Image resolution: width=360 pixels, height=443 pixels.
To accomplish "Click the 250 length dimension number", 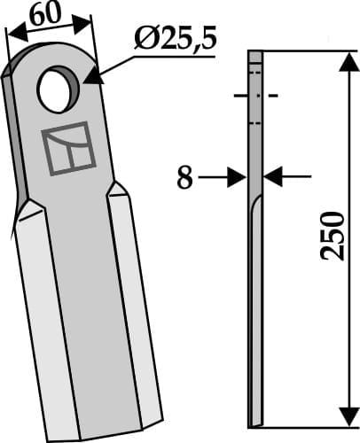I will point(332,236).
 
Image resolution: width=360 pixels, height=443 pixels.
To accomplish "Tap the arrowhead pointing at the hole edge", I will point(90,78).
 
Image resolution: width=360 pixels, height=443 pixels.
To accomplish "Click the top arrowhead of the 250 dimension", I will point(341,58).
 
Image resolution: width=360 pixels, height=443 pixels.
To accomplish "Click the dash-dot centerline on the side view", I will point(254,95).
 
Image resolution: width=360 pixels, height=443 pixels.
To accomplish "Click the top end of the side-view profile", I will point(255,55).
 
